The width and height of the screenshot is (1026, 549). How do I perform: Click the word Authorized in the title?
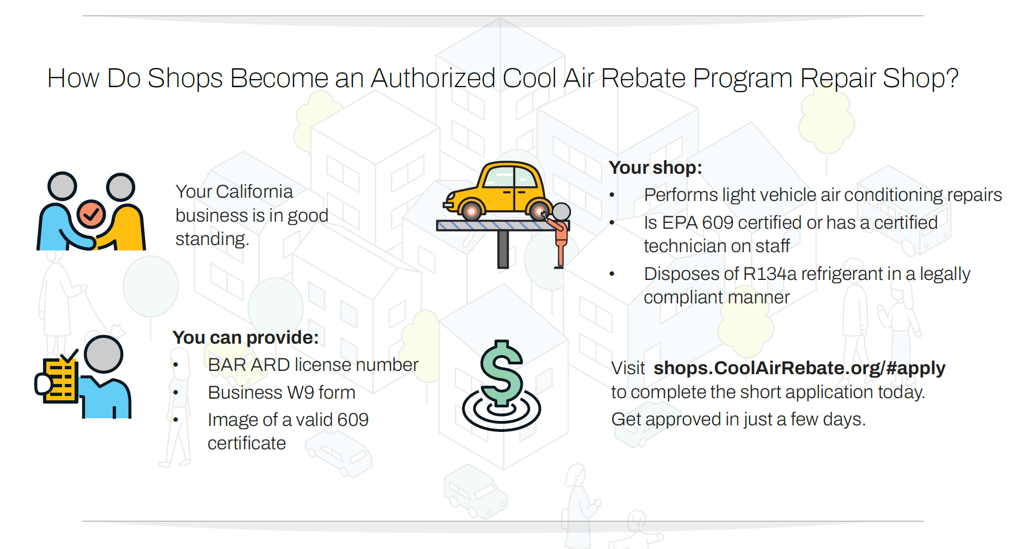433,78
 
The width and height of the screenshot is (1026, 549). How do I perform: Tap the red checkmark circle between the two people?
91,214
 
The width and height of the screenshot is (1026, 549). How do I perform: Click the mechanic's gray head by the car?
561,211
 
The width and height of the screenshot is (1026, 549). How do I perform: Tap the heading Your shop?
655,167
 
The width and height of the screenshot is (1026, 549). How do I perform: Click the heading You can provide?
246,337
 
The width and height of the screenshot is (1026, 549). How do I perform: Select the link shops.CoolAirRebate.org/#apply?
799,368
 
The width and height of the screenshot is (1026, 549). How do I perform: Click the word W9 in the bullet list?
301,392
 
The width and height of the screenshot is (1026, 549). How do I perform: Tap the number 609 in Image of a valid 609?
353,419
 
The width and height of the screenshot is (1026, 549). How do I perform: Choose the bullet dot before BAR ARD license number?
176,365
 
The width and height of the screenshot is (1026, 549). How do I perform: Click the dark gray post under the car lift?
503,249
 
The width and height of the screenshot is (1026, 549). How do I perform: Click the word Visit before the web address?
628,368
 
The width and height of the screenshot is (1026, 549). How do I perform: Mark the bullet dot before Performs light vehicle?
612,195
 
